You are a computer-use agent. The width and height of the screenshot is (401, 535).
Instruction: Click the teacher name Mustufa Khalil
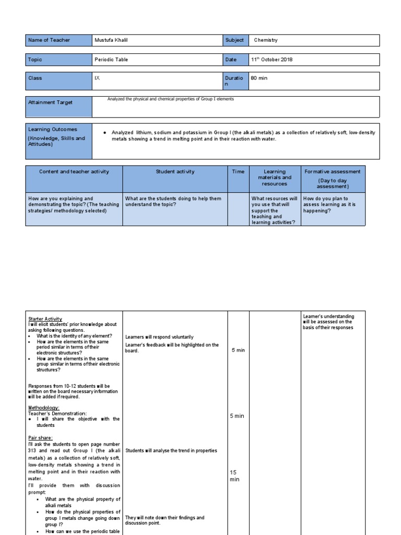pyautogui.click(x=112, y=40)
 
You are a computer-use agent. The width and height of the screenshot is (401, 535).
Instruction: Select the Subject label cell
pyautogui.click(x=234, y=40)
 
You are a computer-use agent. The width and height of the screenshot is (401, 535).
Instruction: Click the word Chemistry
pyautogui.click(x=266, y=40)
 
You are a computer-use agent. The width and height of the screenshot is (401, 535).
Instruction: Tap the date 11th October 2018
pyautogui.click(x=272, y=60)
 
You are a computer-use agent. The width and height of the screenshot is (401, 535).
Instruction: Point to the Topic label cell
pyautogui.click(x=58, y=60)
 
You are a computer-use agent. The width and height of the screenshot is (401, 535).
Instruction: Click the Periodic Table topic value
pyautogui.click(x=111, y=60)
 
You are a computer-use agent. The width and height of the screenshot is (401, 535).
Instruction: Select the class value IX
pyautogui.click(x=97, y=78)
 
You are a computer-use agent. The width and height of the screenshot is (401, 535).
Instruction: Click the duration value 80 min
pyautogui.click(x=261, y=78)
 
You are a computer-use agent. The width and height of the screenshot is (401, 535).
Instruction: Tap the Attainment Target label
pyautogui.click(x=50, y=102)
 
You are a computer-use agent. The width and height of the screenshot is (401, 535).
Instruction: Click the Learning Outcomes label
pyautogui.click(x=52, y=129)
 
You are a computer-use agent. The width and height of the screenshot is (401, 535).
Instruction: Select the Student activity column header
pyautogui.click(x=175, y=171)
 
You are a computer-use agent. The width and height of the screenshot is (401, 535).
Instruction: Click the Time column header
pyautogui.click(x=238, y=171)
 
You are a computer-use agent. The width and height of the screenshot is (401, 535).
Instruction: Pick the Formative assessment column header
pyautogui.click(x=333, y=171)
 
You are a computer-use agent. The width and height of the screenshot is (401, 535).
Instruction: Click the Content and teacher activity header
pyautogui.click(x=74, y=171)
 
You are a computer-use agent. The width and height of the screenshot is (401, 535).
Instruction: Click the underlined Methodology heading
pyautogui.click(x=44, y=408)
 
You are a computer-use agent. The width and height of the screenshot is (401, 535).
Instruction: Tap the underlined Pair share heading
pyautogui.click(x=41, y=437)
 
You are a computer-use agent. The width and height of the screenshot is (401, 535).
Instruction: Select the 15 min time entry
pyautogui.click(x=234, y=475)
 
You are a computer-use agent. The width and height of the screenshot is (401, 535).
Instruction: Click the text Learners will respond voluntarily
pyautogui.click(x=159, y=337)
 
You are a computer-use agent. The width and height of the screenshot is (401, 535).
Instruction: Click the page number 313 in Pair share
pyautogui.click(x=35, y=450)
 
